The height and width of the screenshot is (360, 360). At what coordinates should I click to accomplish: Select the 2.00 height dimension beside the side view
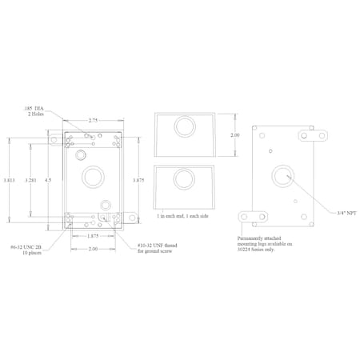[x=235, y=136]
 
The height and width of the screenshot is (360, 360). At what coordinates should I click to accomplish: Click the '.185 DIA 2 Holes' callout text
[x=35, y=109]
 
